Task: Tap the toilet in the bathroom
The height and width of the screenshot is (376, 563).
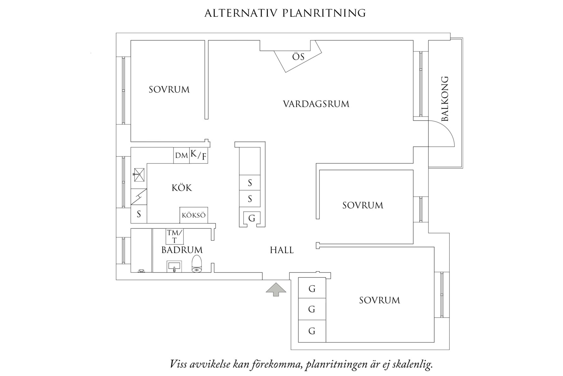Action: [197, 264]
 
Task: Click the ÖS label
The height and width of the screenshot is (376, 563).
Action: [298, 57]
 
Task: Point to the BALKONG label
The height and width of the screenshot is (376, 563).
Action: [445, 99]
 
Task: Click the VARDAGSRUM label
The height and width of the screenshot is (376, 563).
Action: [316, 104]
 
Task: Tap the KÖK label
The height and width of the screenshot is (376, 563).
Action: [182, 188]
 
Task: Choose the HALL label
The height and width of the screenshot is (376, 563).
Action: [281, 250]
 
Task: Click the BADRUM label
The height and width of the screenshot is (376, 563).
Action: [182, 250]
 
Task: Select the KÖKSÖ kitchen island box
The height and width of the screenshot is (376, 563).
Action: [194, 215]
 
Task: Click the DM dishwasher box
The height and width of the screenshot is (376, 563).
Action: [181, 156]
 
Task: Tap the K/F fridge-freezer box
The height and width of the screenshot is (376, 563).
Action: [199, 155]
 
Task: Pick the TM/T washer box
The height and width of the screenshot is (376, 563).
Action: [175, 237]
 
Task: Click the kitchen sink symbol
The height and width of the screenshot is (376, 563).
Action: [139, 175]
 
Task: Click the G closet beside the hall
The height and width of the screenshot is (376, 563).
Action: [252, 218]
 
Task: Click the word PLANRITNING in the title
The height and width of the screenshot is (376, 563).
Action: [324, 13]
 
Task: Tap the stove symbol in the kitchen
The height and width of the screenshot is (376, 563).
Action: [139, 197]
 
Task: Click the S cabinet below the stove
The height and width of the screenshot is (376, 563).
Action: [139, 214]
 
